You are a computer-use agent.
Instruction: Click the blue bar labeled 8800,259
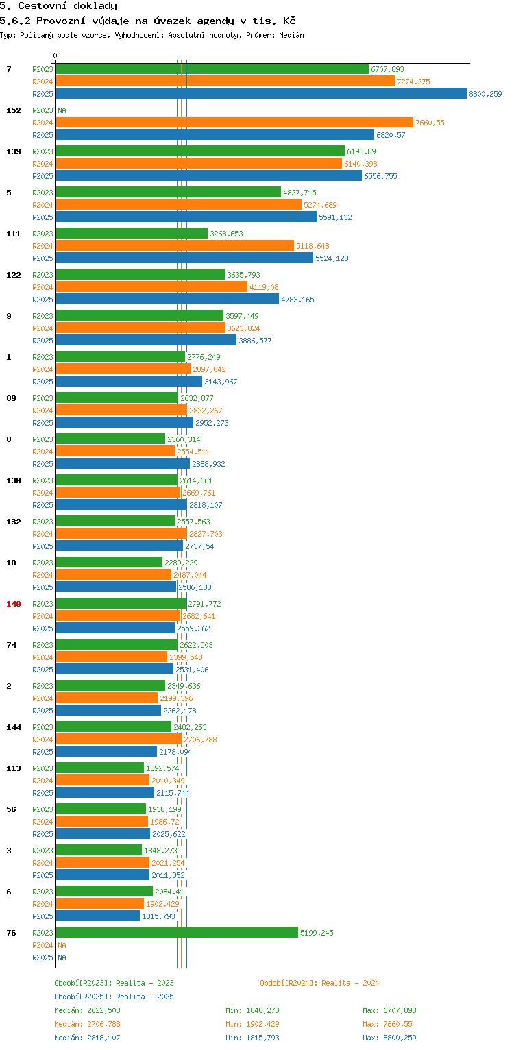tap(260, 94)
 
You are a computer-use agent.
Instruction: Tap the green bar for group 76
tap(177, 933)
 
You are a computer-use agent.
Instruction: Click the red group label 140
tap(14, 604)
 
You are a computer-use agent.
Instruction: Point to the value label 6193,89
tap(361, 151)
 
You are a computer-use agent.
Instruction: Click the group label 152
tap(14, 110)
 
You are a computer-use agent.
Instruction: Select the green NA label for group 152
tap(62, 110)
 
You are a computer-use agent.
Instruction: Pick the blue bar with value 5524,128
tap(184, 258)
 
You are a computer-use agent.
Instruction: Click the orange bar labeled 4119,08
tap(151, 287)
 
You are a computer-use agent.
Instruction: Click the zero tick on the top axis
tap(56, 56)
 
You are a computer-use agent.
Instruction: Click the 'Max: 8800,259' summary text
tap(389, 1038)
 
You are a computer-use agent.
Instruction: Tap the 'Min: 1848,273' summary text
tap(252, 1010)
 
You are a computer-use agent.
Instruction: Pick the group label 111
tap(14, 234)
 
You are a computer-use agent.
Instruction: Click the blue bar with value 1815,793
tap(97, 916)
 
